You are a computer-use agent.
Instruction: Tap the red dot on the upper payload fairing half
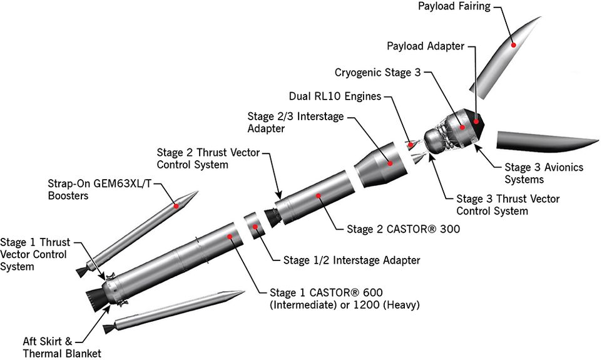pos(513,44)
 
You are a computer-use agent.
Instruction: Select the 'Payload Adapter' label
pos(426,46)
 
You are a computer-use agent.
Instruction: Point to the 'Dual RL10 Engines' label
pos(335,97)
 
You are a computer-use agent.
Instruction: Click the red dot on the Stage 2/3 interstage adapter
pos(389,163)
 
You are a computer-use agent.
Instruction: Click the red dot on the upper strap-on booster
pos(177,205)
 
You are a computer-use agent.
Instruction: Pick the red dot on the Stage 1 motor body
pos(230,237)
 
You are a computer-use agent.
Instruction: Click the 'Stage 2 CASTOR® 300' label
pos(403,229)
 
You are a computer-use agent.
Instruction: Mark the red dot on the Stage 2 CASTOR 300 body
pos(319,196)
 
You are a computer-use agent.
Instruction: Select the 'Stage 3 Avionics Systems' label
pos(544,173)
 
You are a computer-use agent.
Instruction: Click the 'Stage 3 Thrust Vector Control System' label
pos(508,205)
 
